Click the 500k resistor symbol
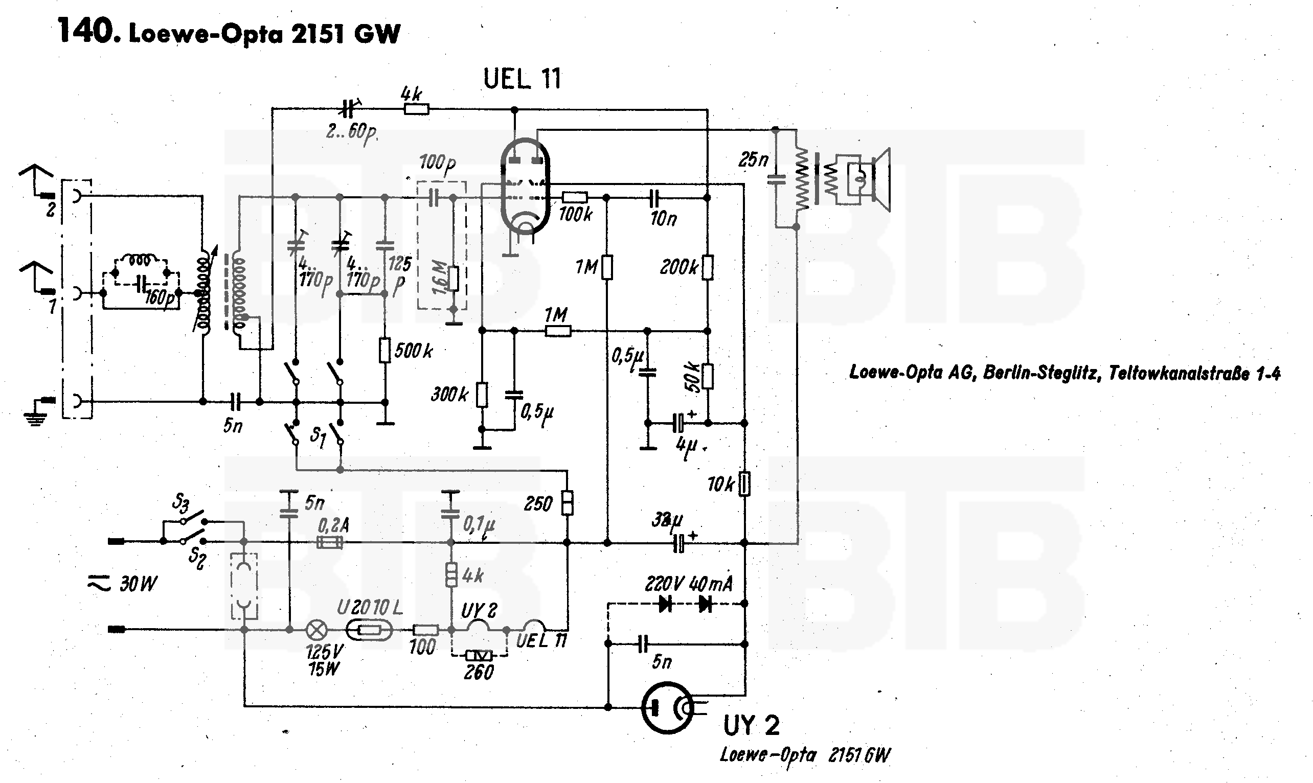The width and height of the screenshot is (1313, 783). [385, 350]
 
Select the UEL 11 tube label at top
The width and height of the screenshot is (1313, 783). [522, 80]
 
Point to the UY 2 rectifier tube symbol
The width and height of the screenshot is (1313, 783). [668, 707]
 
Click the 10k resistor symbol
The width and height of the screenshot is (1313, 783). [744, 484]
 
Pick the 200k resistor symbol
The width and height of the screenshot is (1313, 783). [708, 267]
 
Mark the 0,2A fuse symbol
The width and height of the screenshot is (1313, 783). [330, 542]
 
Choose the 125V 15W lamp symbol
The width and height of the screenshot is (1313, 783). [317, 630]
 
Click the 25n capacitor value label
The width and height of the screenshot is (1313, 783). [753, 160]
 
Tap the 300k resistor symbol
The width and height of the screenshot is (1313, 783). [482, 394]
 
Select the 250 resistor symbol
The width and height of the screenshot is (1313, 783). [568, 503]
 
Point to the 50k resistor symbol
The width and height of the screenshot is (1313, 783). [708, 376]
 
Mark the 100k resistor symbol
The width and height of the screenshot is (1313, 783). [575, 197]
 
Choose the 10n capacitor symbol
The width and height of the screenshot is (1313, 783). [654, 198]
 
